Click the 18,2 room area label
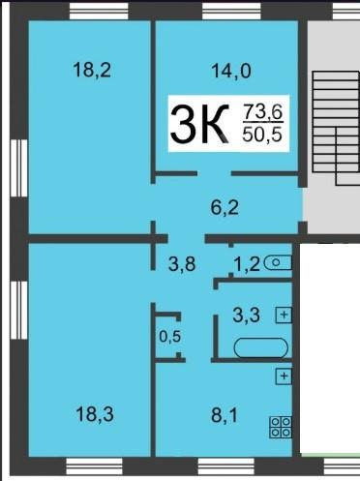point(92,70)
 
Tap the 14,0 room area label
point(231,71)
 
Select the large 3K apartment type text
point(200,124)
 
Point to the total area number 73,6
point(263,111)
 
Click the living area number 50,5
point(262,135)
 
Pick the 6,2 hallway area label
point(225,207)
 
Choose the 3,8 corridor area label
point(182,264)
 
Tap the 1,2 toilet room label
point(247,264)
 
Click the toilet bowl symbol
point(278,262)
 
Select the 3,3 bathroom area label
point(247,315)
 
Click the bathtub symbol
point(261,347)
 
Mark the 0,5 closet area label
point(170,337)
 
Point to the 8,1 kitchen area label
point(225,415)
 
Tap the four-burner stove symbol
point(281,427)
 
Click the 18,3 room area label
point(95,414)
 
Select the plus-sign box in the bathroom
point(284,315)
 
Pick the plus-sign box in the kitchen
point(284,376)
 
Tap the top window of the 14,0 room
point(231,12)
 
